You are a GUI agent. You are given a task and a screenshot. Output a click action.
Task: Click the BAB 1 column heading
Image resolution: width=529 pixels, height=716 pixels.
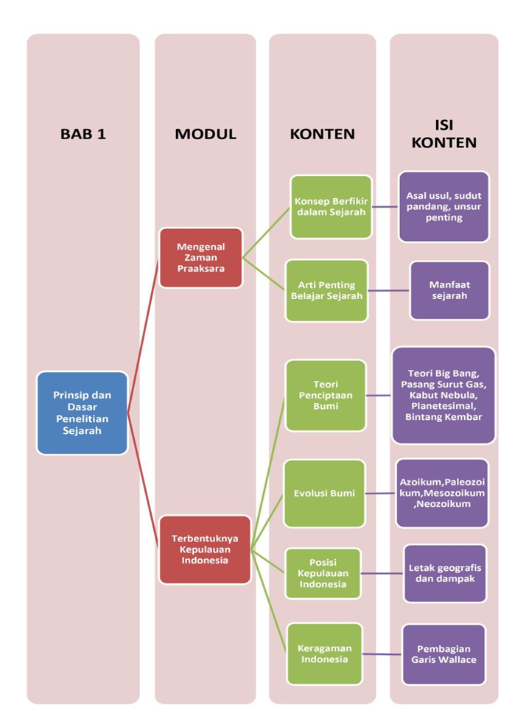coord(83,134)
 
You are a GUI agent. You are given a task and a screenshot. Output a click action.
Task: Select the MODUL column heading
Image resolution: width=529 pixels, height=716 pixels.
coord(205,134)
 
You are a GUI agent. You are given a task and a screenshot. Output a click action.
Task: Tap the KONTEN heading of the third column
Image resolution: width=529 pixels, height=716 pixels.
coord(322,134)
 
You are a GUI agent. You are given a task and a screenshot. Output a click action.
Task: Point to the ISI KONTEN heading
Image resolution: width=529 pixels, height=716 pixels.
coord(444,133)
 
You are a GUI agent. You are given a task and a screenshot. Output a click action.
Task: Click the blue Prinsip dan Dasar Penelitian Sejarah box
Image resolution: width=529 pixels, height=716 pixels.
coord(83,413)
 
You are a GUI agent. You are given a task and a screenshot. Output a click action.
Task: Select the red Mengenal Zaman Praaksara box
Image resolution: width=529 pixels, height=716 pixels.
coord(200,258)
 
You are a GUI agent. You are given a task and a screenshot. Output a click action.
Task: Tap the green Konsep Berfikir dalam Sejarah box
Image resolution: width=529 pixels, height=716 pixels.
coord(331,207)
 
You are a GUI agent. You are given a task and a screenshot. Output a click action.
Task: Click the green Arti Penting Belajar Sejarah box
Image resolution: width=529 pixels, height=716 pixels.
coord(326,290)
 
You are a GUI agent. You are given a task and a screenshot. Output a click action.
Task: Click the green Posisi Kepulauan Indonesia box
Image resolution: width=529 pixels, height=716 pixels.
coord(325,572)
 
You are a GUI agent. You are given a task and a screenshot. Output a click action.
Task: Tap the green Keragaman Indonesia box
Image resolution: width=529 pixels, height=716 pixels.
coord(324,653)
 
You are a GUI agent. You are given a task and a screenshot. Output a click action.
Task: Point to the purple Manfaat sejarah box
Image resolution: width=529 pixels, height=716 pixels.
coord(449,290)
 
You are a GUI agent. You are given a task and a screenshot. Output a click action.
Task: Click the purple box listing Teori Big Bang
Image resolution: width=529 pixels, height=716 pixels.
coord(443,396)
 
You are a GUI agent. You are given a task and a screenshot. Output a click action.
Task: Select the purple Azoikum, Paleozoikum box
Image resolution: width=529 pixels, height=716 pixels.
coord(442,493)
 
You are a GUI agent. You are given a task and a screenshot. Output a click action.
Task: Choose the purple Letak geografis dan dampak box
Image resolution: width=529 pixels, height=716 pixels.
coord(444,573)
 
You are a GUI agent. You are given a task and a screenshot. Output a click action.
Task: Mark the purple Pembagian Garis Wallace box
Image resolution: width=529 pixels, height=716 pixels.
coord(444,653)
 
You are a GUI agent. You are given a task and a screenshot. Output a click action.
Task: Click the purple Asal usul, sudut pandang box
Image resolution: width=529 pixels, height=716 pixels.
coord(444,207)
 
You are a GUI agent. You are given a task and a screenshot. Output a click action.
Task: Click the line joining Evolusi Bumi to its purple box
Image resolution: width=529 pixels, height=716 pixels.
coord(380,494)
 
